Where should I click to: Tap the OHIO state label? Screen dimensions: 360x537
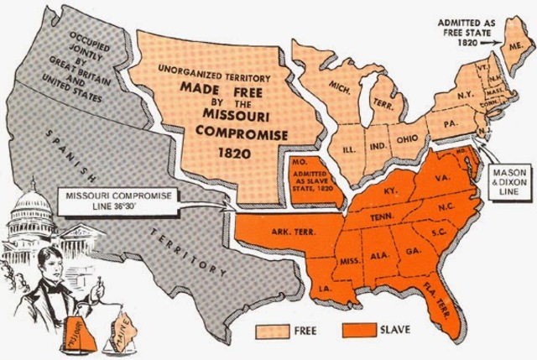(406, 138)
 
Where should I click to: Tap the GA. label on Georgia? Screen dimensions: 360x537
(412, 250)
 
